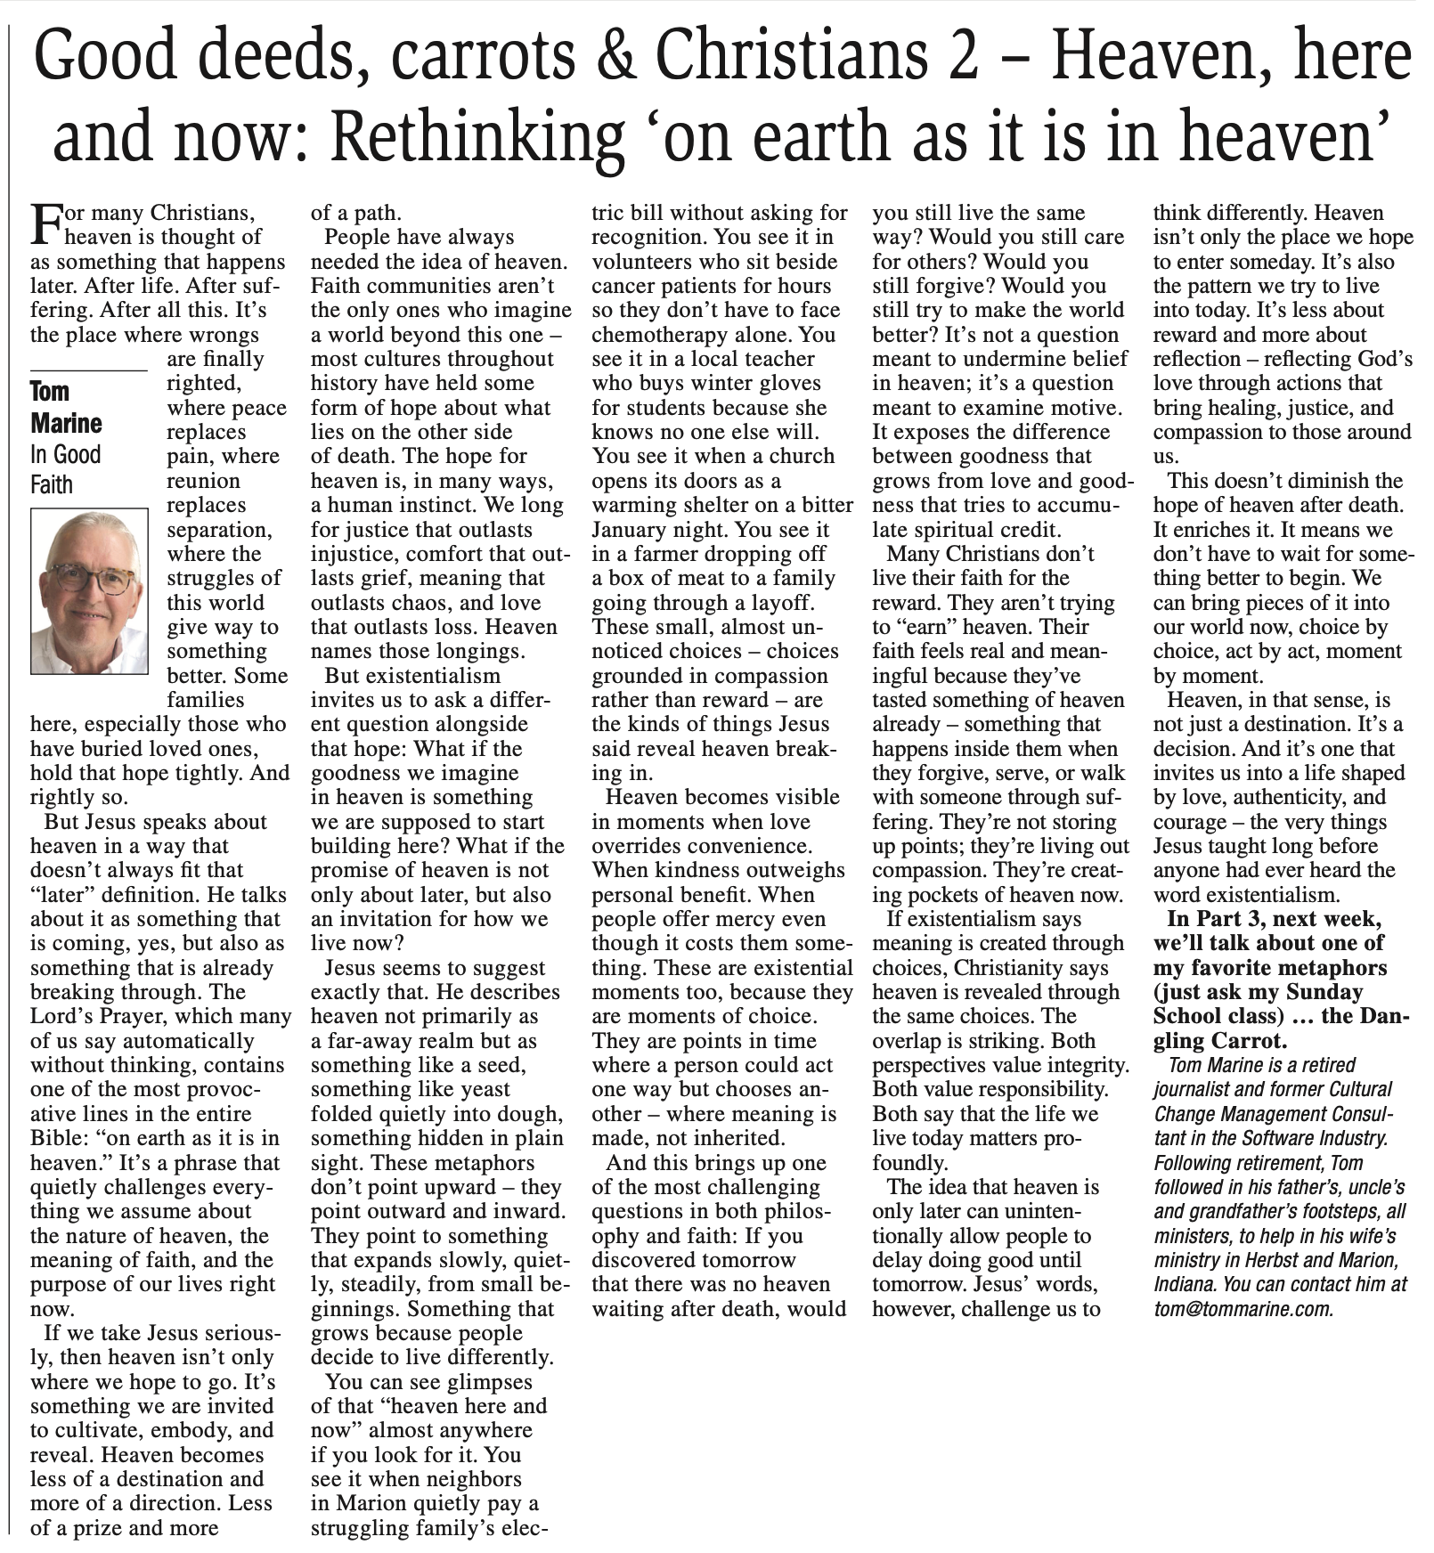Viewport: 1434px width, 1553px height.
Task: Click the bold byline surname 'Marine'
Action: coord(66,423)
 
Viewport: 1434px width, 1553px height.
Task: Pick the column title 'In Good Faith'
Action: coord(65,469)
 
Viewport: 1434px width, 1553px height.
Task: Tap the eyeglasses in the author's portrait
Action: coord(89,577)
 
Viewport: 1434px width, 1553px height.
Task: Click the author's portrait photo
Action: coord(89,591)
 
